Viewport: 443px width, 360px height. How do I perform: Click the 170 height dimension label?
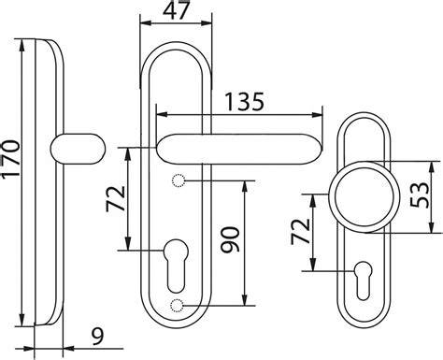click(11, 159)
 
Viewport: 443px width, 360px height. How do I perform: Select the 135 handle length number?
click(244, 101)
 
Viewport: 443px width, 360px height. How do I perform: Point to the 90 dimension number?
click(230, 239)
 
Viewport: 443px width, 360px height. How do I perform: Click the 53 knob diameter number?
click(420, 194)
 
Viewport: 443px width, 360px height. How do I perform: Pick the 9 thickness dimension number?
click(98, 336)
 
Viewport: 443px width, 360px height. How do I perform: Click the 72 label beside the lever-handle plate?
click(116, 198)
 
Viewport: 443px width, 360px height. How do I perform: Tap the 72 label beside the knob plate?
click(301, 232)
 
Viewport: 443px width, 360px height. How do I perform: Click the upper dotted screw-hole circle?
click(179, 180)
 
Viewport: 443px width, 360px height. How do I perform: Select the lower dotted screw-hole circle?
click(177, 306)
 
